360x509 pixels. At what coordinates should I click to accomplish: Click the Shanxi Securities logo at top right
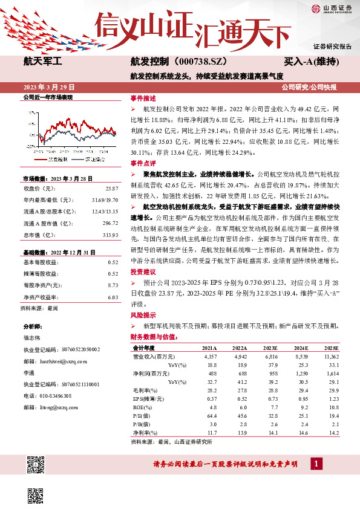point(332,8)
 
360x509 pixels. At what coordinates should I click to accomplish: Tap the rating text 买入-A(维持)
point(311,62)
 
